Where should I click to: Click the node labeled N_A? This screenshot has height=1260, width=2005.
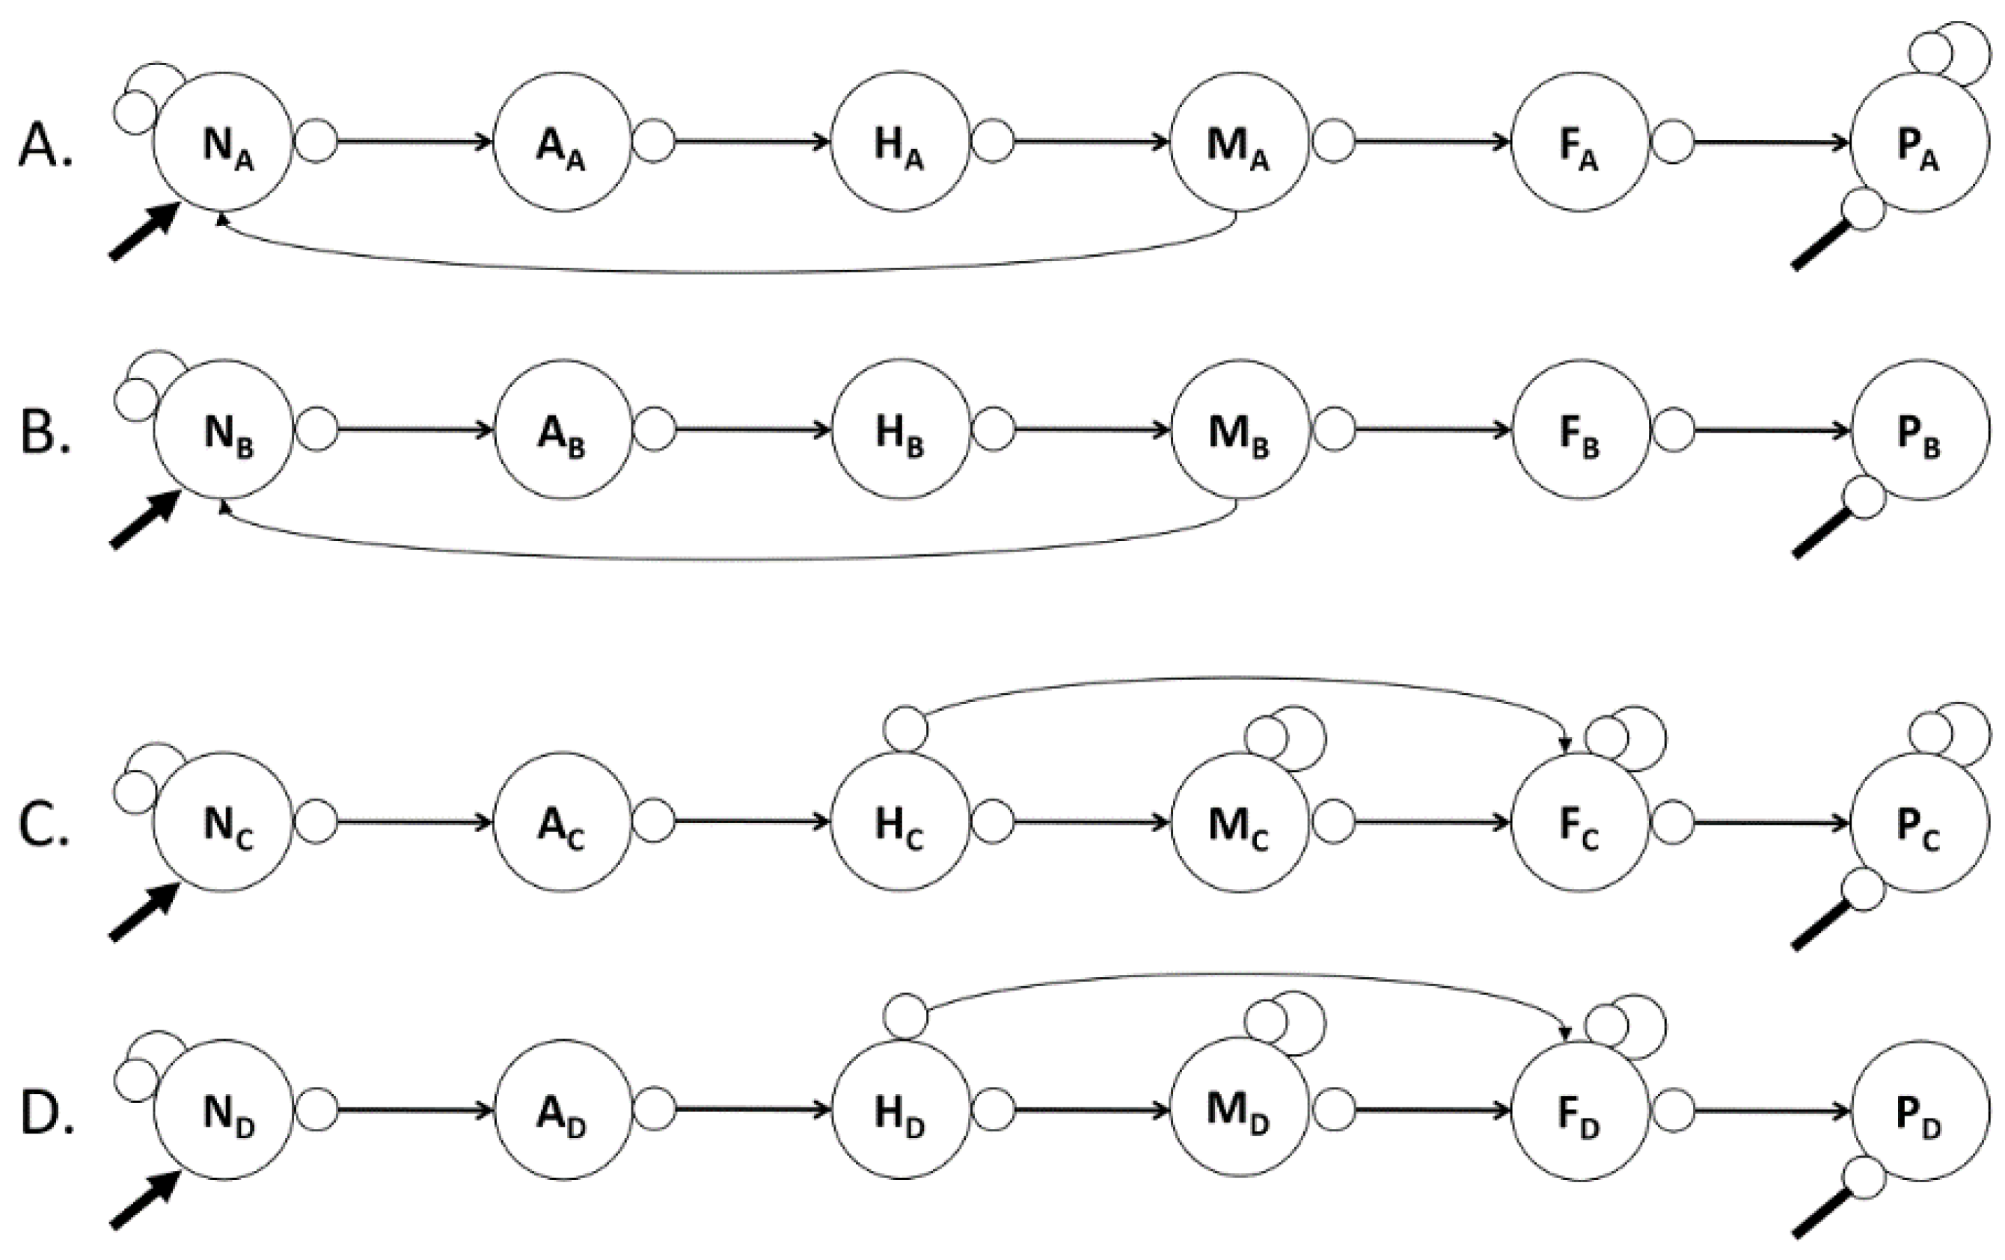(x=222, y=142)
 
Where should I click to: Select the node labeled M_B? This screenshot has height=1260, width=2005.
(x=1239, y=429)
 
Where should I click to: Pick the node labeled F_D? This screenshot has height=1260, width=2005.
(x=1579, y=1110)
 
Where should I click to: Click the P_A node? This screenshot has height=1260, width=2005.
(x=1918, y=142)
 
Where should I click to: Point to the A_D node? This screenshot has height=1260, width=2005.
(x=563, y=1110)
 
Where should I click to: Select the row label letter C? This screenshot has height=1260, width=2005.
(x=43, y=825)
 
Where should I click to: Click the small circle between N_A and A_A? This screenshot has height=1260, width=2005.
(x=316, y=141)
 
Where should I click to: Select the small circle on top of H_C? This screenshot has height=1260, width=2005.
(x=905, y=730)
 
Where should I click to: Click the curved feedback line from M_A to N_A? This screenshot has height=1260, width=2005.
(x=724, y=272)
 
